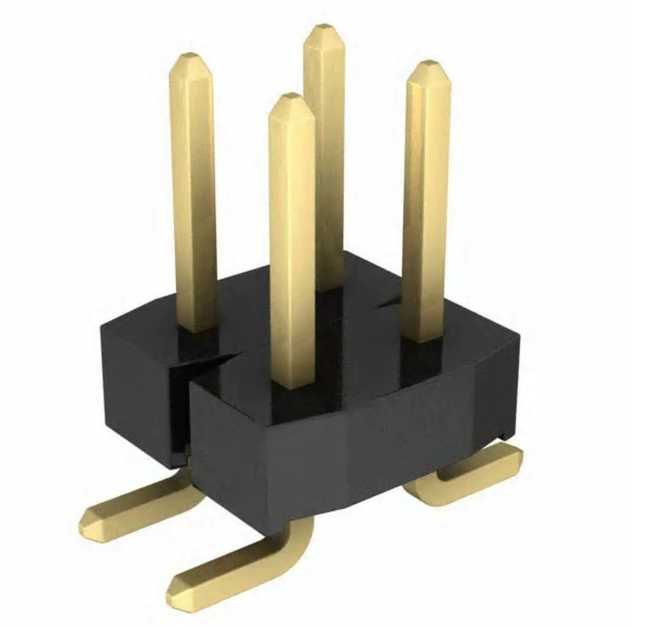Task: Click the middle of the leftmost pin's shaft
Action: [x=193, y=195]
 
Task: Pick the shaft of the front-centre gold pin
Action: [x=292, y=242]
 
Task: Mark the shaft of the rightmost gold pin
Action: [x=425, y=201]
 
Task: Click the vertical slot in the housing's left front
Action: [x=180, y=409]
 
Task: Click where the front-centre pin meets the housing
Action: [x=293, y=386]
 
